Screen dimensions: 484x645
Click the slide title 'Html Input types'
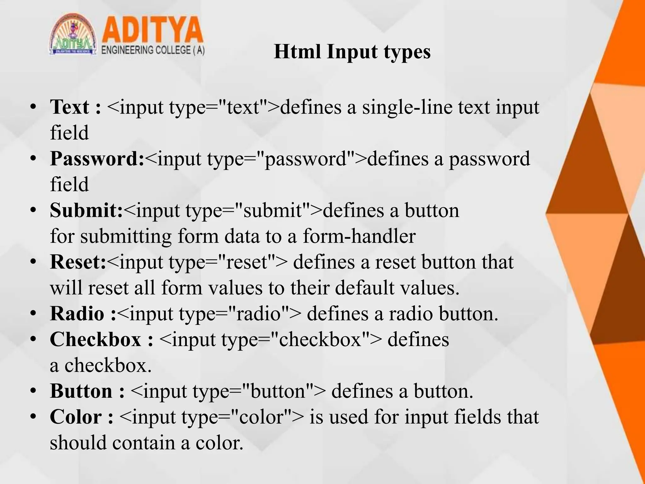tap(352, 52)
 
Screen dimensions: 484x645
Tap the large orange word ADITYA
tap(153, 30)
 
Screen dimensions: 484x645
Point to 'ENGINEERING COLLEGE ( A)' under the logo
tap(153, 50)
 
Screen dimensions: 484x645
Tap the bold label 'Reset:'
tap(78, 262)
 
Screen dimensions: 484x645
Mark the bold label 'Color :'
tap(82, 417)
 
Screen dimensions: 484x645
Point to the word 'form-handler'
tap(359, 236)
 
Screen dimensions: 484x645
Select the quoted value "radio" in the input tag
tap(258, 314)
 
